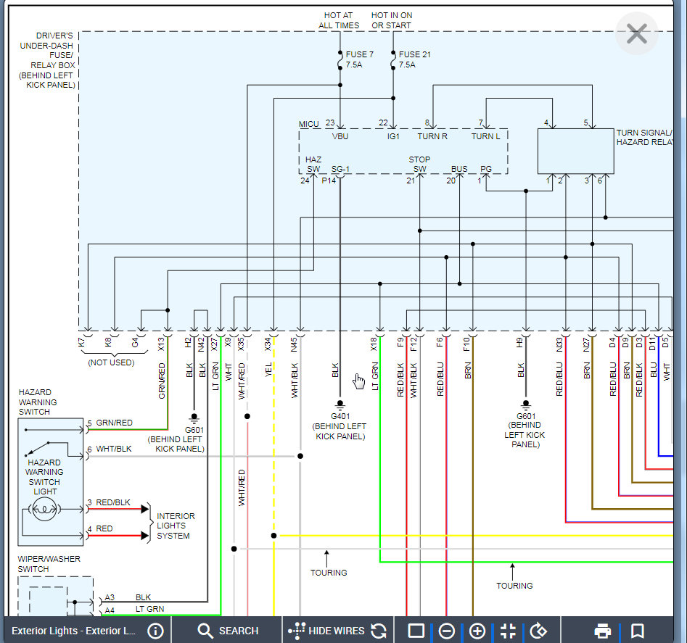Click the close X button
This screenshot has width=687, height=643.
tap(637, 33)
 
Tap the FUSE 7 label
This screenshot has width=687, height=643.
tap(360, 54)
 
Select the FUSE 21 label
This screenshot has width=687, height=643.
tap(414, 54)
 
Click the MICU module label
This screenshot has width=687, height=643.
tap(309, 124)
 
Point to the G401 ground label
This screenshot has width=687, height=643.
tap(340, 416)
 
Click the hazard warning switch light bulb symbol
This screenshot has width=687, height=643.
tap(44, 509)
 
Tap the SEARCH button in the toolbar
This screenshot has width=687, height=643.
tap(228, 631)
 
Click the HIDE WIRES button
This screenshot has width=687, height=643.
tap(326, 631)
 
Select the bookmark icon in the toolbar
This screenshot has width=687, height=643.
tap(638, 631)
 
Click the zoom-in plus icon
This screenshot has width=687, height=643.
tap(477, 631)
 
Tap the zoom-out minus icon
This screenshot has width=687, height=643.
tap(446, 631)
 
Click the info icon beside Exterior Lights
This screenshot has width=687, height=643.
tap(155, 631)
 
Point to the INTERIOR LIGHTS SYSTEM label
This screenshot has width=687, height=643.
tap(176, 526)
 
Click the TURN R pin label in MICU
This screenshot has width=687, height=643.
tap(432, 136)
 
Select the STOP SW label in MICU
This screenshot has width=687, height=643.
tap(419, 164)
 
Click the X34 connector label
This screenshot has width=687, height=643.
tap(268, 344)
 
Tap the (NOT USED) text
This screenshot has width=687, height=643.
tap(111, 362)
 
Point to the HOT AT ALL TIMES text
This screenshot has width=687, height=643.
tap(339, 20)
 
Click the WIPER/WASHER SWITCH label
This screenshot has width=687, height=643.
tap(49, 564)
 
